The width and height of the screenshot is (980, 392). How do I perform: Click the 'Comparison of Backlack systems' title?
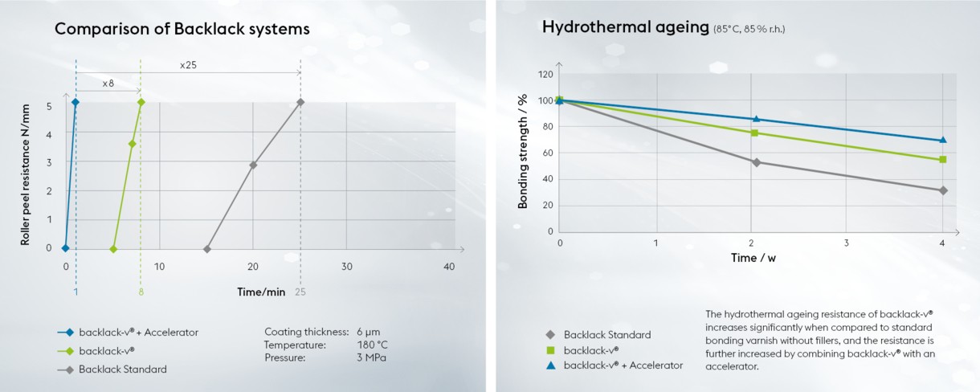182,30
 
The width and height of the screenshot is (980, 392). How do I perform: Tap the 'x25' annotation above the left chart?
188,64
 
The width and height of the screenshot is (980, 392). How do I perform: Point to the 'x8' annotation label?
108,83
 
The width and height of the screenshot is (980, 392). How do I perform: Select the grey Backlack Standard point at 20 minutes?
253,165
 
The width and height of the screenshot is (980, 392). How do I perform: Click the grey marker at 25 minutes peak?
300,102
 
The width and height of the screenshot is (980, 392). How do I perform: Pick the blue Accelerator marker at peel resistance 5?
76,102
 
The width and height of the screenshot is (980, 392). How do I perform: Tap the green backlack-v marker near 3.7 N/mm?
132,144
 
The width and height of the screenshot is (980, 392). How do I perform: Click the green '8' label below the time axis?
141,292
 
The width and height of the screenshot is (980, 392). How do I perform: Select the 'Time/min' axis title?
261,292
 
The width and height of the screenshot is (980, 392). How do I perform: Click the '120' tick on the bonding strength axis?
545,75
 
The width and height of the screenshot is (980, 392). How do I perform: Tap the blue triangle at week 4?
942,140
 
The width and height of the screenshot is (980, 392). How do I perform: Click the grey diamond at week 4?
942,190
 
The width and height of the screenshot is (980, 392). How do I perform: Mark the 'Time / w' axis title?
753,258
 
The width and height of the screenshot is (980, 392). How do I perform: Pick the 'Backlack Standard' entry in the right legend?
606,335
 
